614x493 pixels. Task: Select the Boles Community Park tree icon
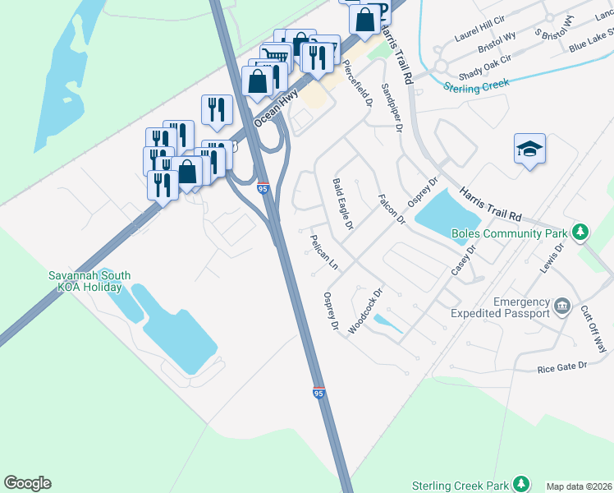(580, 233)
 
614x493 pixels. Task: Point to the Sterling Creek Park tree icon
(520, 482)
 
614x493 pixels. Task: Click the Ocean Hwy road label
(274, 108)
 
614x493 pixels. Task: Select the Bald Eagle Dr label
(342, 203)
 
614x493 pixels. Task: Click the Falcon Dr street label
(391, 209)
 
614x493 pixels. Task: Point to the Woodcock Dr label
(365, 311)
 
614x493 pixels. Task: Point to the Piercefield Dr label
(359, 83)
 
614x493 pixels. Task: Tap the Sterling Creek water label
(476, 84)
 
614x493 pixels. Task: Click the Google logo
(27, 483)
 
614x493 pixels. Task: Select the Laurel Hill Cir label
(481, 33)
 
